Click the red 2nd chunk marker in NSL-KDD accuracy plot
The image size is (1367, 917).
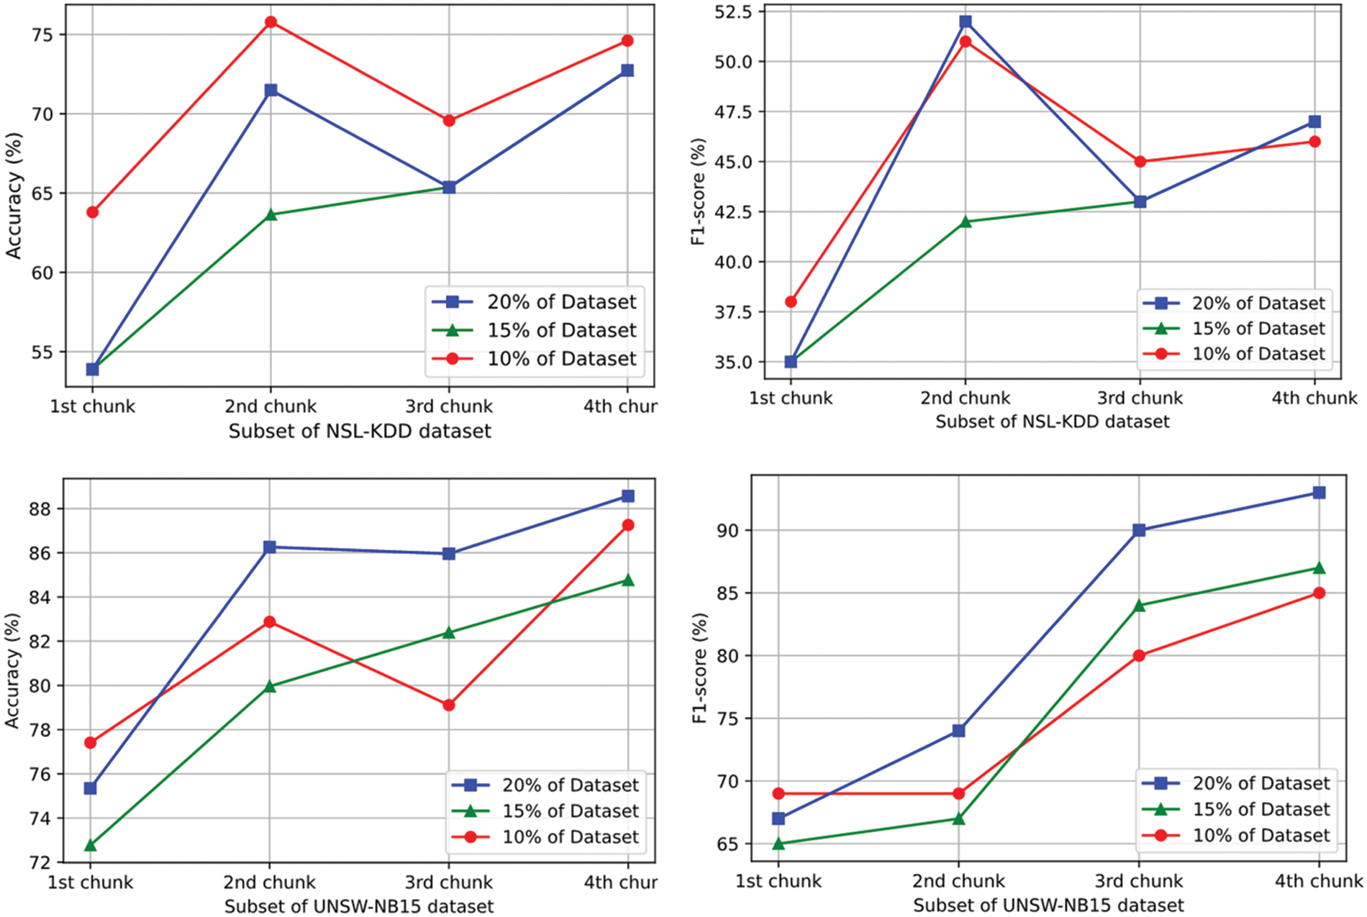click(x=271, y=22)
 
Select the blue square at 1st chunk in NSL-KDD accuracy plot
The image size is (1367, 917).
click(x=92, y=369)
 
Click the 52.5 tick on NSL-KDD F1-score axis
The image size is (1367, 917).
click(x=732, y=12)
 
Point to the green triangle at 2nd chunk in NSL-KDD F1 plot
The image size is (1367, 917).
click(x=966, y=222)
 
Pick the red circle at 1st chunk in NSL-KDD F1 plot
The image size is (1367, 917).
click(x=791, y=302)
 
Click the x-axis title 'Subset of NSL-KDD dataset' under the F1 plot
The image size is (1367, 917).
click(x=1052, y=421)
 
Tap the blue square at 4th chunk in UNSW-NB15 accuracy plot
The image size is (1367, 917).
click(x=628, y=496)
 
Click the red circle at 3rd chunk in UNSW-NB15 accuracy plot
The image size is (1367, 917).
click(x=449, y=706)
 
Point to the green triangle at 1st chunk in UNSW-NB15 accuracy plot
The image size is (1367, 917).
click(x=90, y=845)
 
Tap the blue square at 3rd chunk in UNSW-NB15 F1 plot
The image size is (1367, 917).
click(x=1139, y=530)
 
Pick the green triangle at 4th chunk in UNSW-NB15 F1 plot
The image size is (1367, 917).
click(x=1319, y=567)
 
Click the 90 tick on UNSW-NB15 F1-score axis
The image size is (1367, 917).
click(x=729, y=530)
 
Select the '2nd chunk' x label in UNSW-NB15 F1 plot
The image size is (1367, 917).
click(x=958, y=881)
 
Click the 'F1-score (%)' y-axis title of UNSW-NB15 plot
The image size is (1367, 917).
click(x=700, y=667)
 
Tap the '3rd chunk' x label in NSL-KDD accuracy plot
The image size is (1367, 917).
click(x=449, y=406)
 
